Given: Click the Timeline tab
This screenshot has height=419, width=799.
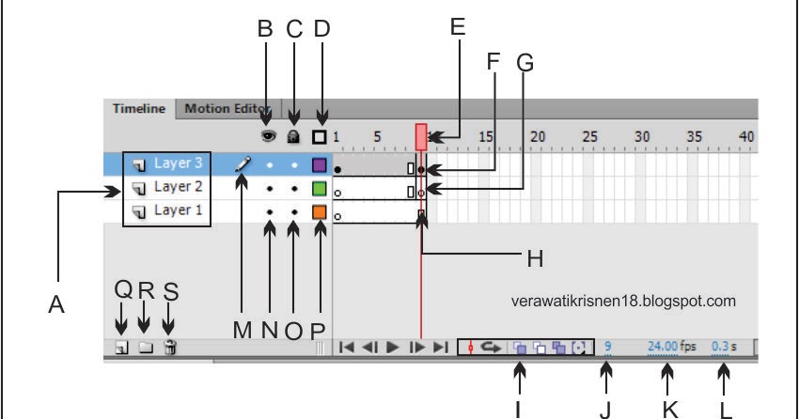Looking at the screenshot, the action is click(x=139, y=109).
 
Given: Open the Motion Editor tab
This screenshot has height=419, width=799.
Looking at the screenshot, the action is click(x=227, y=109).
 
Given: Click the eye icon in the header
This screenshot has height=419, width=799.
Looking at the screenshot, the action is click(x=269, y=136).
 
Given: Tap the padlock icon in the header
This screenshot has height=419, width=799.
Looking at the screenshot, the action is click(x=293, y=136).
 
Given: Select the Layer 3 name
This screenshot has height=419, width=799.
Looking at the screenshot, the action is click(x=178, y=163).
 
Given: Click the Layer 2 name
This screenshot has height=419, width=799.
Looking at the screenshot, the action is click(x=178, y=187).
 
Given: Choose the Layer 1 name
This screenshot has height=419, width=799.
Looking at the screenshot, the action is click(x=178, y=210).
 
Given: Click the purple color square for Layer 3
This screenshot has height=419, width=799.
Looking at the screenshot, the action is click(x=319, y=165).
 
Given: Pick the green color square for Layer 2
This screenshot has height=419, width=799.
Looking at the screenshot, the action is click(x=319, y=189).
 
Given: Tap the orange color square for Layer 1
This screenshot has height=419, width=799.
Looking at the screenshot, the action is click(x=319, y=212).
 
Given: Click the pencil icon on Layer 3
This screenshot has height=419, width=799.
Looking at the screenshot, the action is click(x=243, y=163).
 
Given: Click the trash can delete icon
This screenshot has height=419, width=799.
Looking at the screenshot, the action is click(x=170, y=348).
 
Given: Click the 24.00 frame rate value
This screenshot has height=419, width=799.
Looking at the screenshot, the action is click(x=663, y=347).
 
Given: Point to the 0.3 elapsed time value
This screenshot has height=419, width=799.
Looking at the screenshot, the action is click(x=720, y=347).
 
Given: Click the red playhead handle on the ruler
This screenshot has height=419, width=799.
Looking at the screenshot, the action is click(x=421, y=137).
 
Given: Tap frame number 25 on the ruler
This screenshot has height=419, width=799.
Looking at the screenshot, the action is click(x=589, y=137).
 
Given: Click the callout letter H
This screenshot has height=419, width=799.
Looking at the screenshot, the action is click(x=535, y=258).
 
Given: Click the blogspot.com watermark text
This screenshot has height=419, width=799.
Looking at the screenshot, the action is click(x=623, y=301).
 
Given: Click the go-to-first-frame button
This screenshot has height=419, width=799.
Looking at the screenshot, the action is click(x=347, y=348).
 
